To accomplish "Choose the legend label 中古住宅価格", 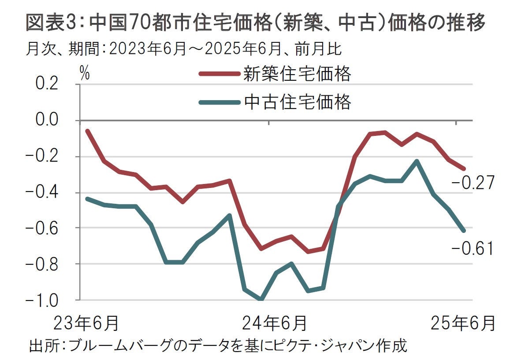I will tap(298, 102).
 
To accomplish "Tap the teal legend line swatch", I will tap(219, 102).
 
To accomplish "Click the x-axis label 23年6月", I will tap(86, 323).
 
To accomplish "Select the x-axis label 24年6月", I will tap(274, 323).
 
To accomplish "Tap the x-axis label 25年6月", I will tap(462, 323).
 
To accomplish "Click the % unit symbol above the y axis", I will tap(84, 74).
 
